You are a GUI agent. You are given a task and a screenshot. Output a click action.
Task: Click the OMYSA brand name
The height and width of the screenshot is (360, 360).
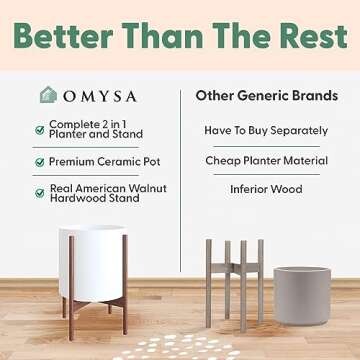[x=107, y=96]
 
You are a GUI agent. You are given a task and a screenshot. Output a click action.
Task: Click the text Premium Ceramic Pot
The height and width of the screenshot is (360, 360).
[x=105, y=161]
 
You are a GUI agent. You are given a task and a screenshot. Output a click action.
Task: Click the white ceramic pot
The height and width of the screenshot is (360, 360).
[x=92, y=260]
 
